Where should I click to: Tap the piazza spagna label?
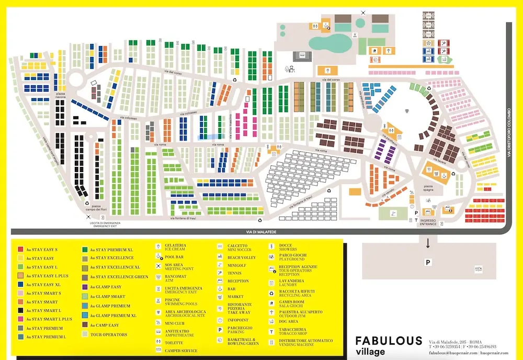coord(428,189)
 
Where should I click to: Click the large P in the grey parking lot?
coord(428,262)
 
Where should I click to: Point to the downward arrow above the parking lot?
coord(428,243)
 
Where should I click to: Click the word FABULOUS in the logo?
coord(389,341)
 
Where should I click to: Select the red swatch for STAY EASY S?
coord(20,250)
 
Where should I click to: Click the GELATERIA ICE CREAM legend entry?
coord(175,247)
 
